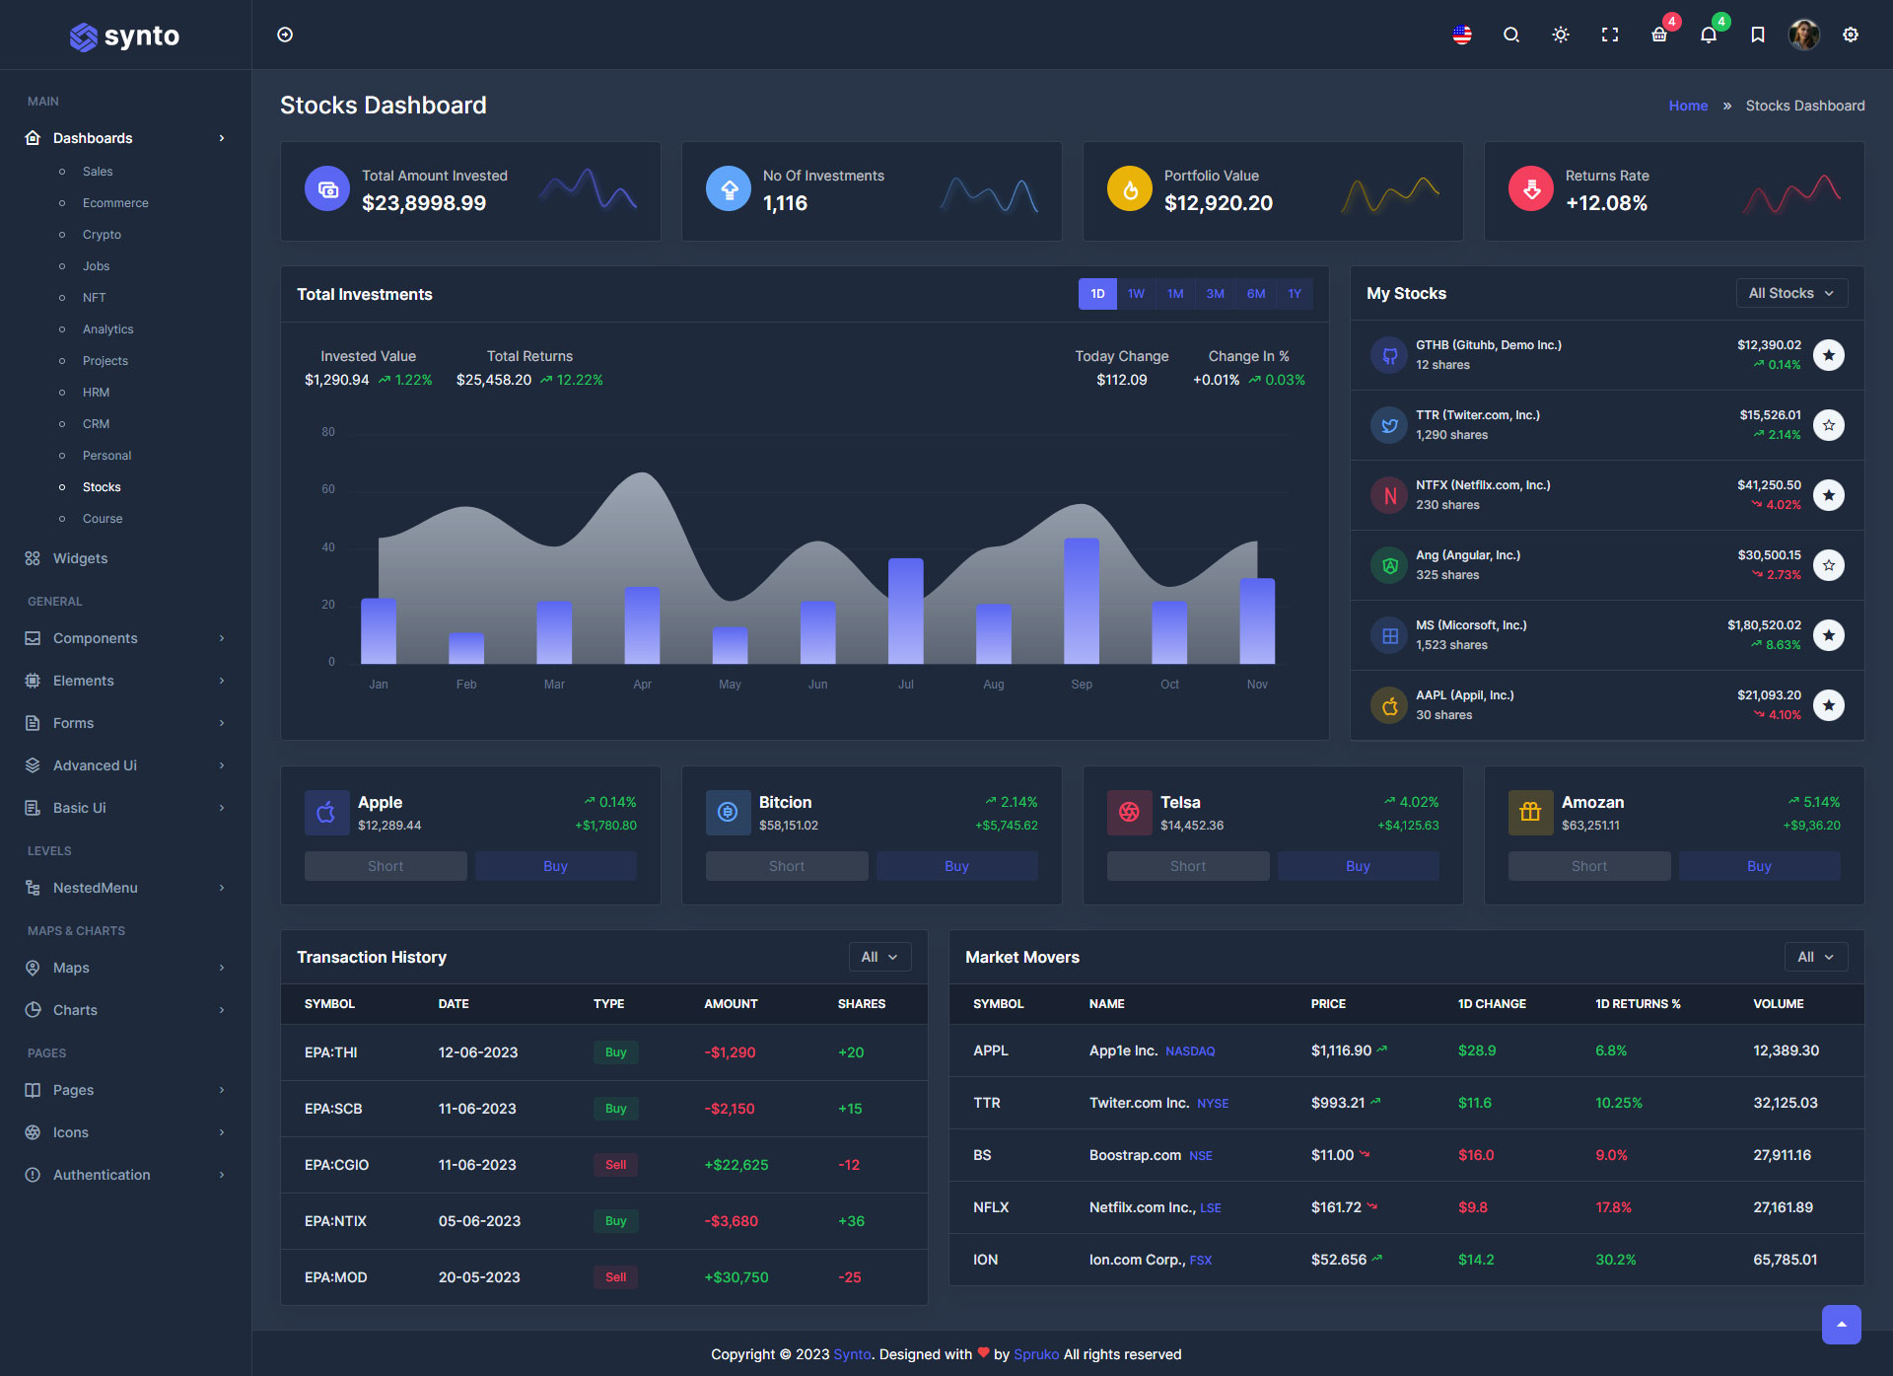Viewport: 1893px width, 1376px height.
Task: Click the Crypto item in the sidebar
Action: [x=102, y=235]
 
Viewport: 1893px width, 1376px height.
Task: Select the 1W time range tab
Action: [x=1136, y=294]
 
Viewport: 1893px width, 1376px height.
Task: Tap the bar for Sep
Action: [x=1082, y=601]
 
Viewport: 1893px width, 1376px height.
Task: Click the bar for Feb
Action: [x=466, y=648]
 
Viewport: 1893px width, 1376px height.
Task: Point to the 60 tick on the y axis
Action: [x=328, y=489]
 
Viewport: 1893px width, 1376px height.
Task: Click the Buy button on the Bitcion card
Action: [x=956, y=866]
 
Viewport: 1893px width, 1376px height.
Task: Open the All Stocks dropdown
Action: [x=1791, y=293]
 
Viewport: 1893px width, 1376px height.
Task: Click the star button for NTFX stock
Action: [x=1829, y=495]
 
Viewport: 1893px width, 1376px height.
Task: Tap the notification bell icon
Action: [x=1709, y=36]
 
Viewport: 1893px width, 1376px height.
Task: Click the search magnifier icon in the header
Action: [x=1510, y=36]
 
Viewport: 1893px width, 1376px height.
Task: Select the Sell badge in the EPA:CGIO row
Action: [x=615, y=1165]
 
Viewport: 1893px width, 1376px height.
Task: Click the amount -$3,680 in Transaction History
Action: [x=731, y=1221]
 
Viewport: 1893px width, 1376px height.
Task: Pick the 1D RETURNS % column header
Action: [x=1638, y=1004]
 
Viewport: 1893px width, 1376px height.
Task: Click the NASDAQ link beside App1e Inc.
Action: [x=1190, y=1051]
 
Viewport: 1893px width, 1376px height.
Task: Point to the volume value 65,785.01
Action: [x=1785, y=1260]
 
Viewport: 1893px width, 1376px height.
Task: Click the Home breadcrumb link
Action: [x=1688, y=106]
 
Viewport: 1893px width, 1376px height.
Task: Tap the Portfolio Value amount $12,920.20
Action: [x=1218, y=203]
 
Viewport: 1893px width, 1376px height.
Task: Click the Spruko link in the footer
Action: [x=1036, y=1354]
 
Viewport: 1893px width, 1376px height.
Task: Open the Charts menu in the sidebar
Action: [x=75, y=1010]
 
